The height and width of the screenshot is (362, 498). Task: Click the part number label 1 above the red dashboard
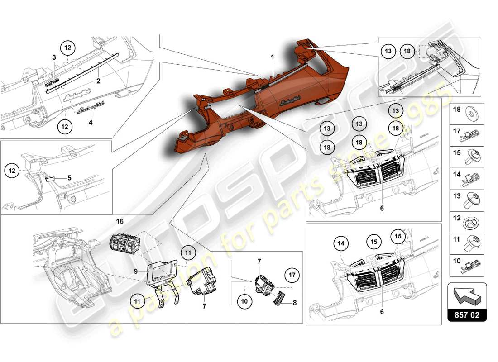click(x=273, y=57)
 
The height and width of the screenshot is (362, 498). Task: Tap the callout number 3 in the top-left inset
click(x=53, y=57)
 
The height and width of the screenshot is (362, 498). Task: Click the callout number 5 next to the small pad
click(x=69, y=178)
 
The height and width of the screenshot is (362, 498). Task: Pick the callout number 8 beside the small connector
click(x=295, y=304)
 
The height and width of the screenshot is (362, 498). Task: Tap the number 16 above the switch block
click(x=120, y=221)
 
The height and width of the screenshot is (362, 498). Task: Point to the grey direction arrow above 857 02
click(x=467, y=295)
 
